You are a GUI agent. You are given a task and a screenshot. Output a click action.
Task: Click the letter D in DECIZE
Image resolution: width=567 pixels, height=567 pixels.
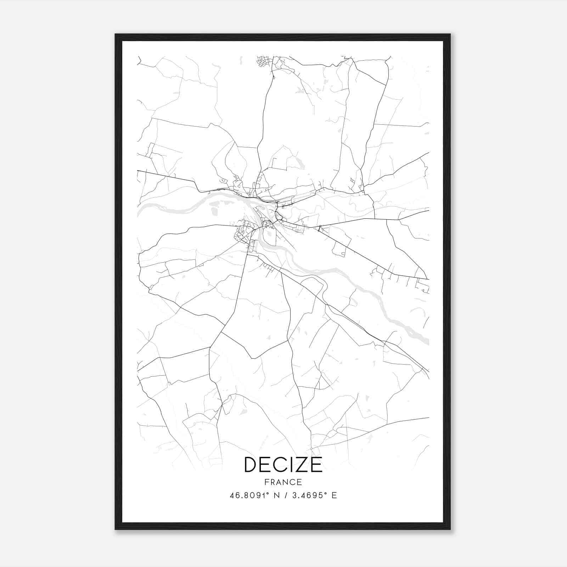tap(252, 465)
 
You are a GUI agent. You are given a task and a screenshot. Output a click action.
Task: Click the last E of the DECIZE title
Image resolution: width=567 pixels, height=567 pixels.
tap(315, 465)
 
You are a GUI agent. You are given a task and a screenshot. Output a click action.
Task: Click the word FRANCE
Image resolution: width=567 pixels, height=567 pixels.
tap(283, 482)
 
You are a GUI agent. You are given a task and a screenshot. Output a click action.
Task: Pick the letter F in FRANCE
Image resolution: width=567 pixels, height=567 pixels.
tap(266, 482)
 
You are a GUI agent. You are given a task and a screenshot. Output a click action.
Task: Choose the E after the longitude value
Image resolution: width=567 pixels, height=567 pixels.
tap(334, 495)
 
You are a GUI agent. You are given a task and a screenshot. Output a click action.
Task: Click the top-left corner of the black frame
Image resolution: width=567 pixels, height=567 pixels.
tap(116, 35)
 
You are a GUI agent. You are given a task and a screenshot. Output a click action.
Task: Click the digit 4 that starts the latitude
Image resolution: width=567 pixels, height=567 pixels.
tap(232, 495)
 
